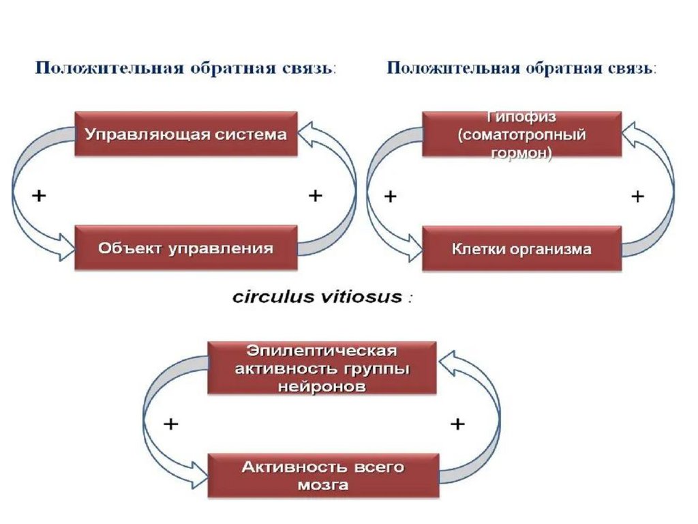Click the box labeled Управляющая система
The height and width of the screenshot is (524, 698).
185,134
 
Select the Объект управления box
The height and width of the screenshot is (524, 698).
185,248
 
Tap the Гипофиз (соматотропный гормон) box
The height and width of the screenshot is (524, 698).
522,135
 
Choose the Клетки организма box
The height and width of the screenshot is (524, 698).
522,249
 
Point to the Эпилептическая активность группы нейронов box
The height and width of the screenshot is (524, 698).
322,368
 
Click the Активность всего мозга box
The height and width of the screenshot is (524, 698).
322,476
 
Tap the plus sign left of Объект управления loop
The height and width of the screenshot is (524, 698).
40,196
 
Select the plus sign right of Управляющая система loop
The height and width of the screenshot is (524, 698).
315,196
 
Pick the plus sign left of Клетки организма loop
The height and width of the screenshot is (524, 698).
391,197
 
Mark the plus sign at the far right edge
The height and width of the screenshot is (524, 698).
637,197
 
